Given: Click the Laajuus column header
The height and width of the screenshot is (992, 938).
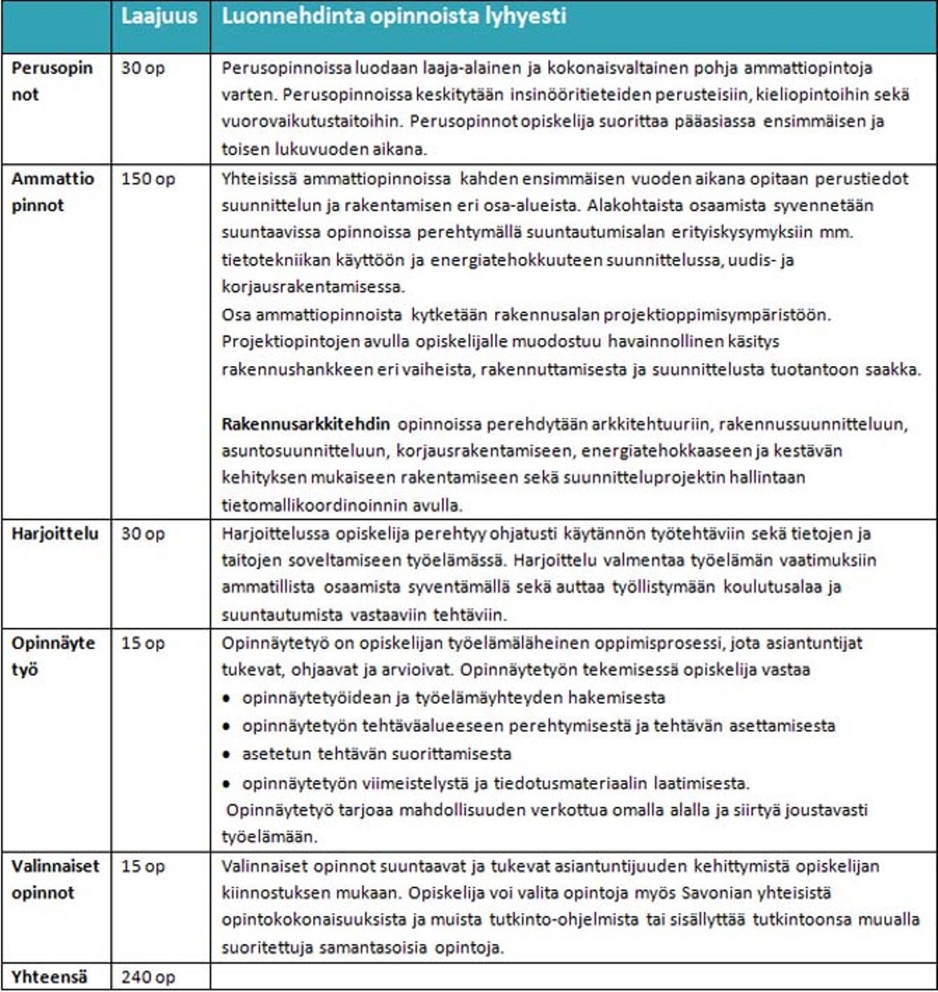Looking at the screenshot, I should (159, 17).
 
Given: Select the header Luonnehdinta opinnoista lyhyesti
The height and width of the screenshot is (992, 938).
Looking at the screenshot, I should (393, 17).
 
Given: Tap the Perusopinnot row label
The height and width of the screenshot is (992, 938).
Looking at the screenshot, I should (52, 81).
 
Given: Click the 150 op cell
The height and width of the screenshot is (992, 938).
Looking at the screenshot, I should (148, 179).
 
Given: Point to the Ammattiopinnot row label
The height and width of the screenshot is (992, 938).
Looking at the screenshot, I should (52, 192).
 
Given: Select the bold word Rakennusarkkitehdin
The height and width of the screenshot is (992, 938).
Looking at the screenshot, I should (306, 424).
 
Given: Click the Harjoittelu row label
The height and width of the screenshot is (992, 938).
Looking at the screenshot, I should (55, 534).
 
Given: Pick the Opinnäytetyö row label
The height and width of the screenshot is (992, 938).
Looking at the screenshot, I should (52, 656).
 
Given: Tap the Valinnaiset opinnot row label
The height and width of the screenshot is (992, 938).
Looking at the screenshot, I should (55, 879).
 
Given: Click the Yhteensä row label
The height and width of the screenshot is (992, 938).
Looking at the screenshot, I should (49, 977).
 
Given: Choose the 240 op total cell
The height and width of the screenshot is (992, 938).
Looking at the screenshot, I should (148, 977).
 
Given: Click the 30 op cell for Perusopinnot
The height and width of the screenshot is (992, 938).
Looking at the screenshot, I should (143, 68).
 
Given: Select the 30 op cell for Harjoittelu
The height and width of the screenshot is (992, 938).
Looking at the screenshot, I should (143, 534).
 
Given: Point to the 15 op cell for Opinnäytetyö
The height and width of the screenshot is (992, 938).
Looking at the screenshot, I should (143, 643).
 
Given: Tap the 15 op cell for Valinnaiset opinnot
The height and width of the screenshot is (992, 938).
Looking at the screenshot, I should (143, 866).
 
